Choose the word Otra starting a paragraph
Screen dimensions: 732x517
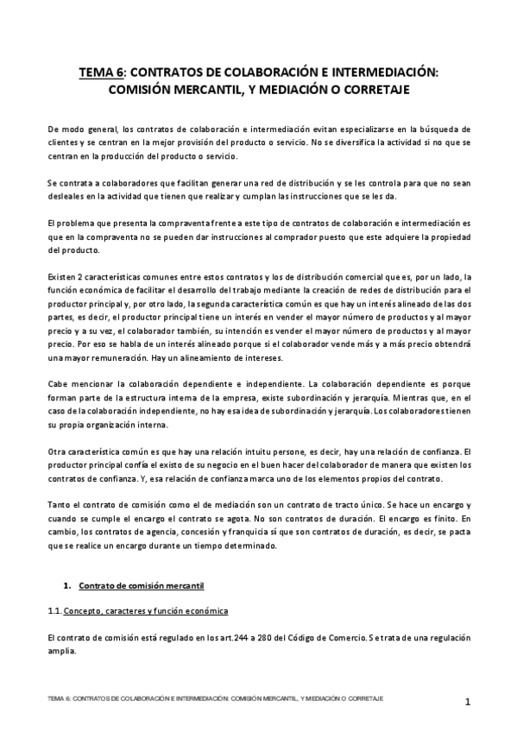click(x=58, y=451)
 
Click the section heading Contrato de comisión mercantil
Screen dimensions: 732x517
click(x=141, y=586)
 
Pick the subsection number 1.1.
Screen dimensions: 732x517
click(x=55, y=611)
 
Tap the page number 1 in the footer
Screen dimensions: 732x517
click(x=467, y=701)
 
